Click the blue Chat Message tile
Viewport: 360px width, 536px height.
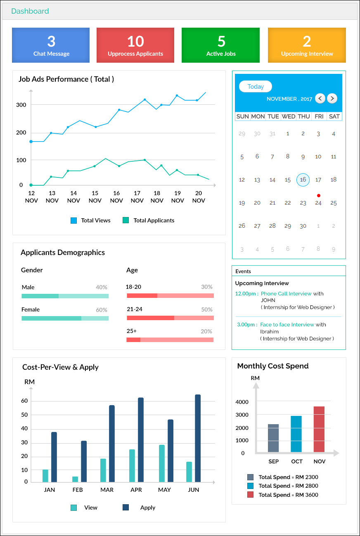point(51,45)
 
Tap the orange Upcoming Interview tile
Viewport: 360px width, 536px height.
point(307,45)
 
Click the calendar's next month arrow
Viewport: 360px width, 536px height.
point(332,98)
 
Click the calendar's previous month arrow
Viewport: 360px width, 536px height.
point(320,98)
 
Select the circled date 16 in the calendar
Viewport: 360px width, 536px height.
point(303,180)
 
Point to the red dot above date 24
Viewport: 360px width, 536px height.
point(318,196)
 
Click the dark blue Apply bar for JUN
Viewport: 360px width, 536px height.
point(198,438)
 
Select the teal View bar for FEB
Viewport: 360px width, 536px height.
point(75,479)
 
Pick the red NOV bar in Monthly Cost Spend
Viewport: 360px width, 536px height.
point(319,429)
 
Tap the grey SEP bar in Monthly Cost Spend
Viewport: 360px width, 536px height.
point(273,438)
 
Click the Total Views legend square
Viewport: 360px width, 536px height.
point(74,220)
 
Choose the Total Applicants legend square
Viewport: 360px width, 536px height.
point(126,220)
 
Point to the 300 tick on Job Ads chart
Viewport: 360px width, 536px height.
point(21,105)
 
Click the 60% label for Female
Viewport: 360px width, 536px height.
point(102,310)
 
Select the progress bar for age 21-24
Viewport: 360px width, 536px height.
point(170,318)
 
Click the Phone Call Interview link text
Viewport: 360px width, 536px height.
point(286,294)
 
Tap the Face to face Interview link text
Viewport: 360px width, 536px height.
point(287,325)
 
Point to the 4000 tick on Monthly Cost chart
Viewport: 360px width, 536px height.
point(242,402)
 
